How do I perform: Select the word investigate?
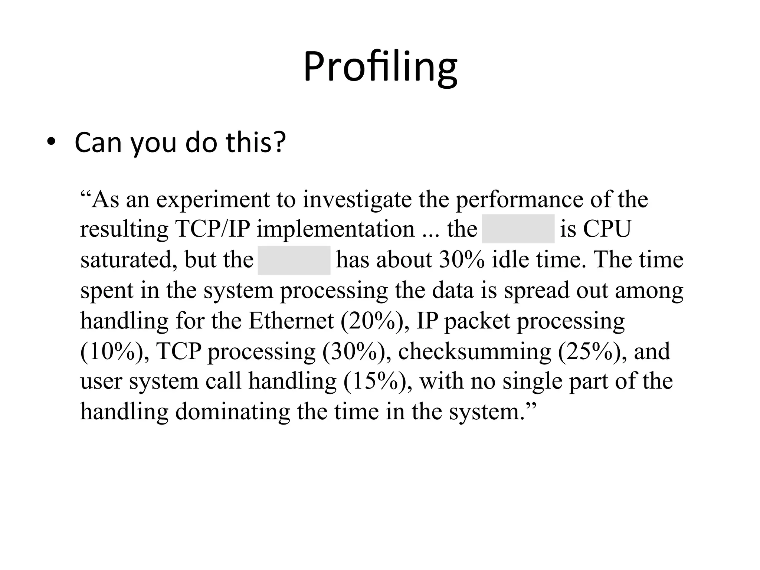[357, 200]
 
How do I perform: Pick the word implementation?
[335, 229]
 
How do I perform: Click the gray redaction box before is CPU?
[518, 229]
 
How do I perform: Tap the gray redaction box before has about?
[294, 260]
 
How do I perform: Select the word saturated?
[126, 260]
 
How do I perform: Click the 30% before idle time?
[462, 260]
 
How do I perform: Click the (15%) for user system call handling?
[377, 381]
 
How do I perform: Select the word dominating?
[232, 412]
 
